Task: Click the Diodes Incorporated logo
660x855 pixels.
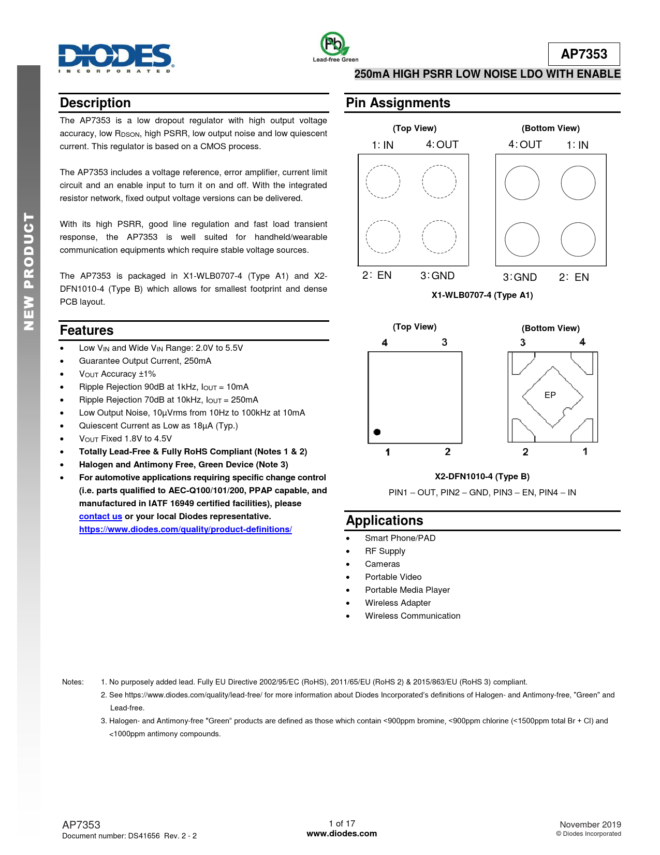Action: [115, 57]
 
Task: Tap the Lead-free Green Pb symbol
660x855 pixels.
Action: [333, 45]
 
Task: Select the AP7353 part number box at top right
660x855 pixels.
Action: [584, 54]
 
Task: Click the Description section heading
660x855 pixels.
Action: [95, 103]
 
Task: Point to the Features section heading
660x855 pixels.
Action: [86, 330]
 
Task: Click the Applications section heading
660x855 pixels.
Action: [385, 520]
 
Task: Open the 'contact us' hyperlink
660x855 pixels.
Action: [100, 516]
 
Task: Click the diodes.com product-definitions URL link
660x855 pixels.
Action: [185, 529]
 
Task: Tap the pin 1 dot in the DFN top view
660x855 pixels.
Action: [377, 432]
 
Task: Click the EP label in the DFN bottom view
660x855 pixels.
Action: [550, 395]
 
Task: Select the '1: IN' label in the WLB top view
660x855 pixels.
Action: [383, 145]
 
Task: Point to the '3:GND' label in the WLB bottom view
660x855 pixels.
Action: [520, 277]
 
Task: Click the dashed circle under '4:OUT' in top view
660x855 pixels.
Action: [439, 181]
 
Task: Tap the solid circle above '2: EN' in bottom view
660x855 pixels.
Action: [578, 239]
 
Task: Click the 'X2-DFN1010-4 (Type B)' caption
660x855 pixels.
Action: [482, 476]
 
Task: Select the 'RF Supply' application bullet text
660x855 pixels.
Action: [385, 551]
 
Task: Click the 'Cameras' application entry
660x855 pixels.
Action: [383, 564]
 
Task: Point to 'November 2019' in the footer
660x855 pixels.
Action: [590, 824]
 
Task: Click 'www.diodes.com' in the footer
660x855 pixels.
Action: [342, 833]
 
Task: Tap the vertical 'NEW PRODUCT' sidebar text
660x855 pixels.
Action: [29, 272]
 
